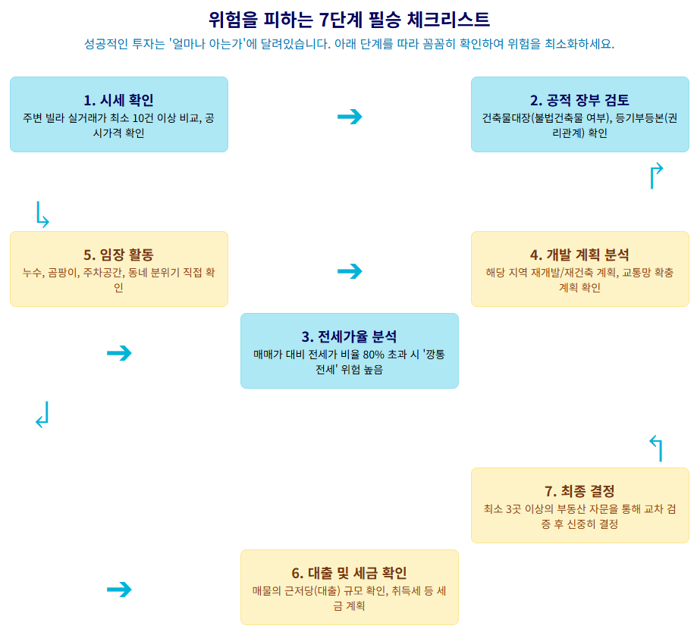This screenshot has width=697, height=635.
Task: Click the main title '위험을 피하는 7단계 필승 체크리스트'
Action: click(x=349, y=19)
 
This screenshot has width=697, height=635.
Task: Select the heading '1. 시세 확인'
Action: click(x=118, y=100)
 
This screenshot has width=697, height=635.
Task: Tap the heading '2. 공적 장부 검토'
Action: click(x=579, y=100)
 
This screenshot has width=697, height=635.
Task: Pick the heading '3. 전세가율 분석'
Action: click(x=349, y=336)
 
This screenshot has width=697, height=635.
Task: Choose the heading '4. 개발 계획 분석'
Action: click(x=579, y=255)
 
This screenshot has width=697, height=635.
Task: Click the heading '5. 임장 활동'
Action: click(x=118, y=255)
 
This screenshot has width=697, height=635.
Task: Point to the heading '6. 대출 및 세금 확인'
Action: click(x=349, y=573)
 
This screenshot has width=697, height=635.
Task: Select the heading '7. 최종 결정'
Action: click(x=579, y=491)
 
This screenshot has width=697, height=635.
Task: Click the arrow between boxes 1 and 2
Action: click(x=350, y=117)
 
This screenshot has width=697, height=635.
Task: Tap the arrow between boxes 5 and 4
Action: click(x=350, y=271)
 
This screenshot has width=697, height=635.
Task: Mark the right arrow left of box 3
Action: click(x=119, y=353)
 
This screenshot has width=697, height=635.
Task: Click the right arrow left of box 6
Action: click(x=119, y=590)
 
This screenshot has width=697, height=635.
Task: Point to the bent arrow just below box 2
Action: click(x=656, y=176)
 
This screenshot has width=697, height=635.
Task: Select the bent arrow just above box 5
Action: click(x=42, y=214)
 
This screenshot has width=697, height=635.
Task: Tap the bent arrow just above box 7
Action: click(x=656, y=449)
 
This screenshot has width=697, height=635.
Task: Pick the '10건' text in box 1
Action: click(x=142, y=118)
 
